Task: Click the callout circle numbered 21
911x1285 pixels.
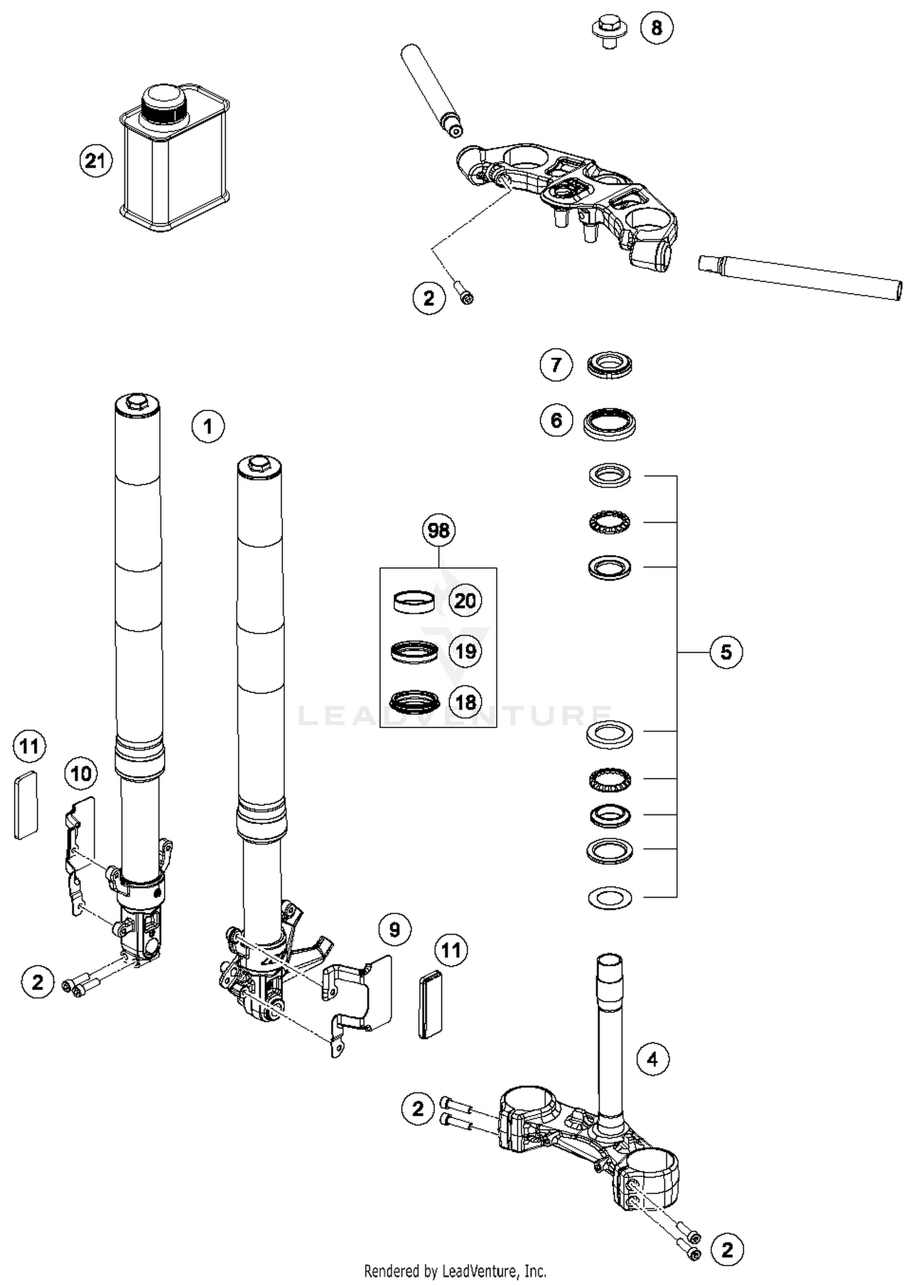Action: point(96,161)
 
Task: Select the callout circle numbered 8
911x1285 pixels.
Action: point(657,27)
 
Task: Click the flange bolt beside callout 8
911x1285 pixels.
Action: point(609,31)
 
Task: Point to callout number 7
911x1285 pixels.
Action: point(556,365)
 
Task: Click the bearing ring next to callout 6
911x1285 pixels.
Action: point(609,423)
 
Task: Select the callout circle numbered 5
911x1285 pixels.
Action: point(726,652)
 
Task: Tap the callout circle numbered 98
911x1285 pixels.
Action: point(438,530)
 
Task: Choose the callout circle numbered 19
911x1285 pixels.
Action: point(465,652)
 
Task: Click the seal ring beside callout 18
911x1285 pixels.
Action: point(414,703)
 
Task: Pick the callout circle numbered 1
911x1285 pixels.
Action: point(208,426)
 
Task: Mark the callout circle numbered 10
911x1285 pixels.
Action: point(81,774)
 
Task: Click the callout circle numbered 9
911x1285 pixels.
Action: point(395,930)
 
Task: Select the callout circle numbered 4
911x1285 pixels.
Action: point(652,1060)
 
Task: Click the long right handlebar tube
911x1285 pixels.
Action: point(800,277)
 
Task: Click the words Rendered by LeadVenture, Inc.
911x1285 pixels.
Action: point(455,1270)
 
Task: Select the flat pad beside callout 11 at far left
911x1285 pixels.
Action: point(26,805)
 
